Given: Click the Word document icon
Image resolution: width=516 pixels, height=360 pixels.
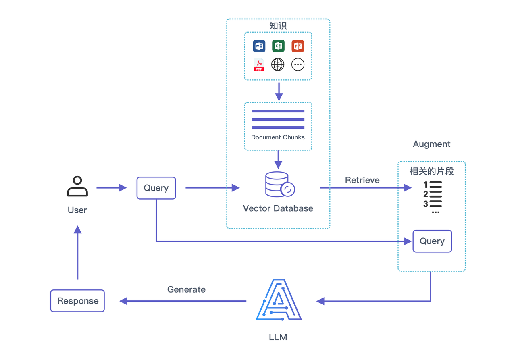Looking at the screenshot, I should coord(259,46).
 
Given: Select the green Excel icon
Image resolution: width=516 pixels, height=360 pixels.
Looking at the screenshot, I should coord(278,46).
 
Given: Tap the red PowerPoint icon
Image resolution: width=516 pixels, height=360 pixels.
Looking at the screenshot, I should coord(298,46).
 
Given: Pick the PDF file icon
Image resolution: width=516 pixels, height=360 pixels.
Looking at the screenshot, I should coord(259,65).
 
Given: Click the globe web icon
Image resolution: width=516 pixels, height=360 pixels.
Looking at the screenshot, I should coord(278,65).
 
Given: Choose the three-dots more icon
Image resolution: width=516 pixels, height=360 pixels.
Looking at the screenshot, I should coord(298,65).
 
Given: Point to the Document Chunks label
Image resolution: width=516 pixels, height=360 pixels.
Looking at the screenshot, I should coord(278,137).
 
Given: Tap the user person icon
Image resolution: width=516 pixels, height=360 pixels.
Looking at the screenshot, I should coord(77,186).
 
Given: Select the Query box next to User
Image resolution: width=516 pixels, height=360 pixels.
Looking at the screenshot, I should coord(156,188).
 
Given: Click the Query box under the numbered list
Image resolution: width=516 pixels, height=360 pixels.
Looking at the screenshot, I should coord(432,241).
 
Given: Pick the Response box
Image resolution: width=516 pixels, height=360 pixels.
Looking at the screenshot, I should coord(77,301).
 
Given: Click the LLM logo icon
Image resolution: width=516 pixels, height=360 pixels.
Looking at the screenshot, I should coord(279,300).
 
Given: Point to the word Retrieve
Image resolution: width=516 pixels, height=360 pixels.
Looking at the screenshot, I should coord(362,180).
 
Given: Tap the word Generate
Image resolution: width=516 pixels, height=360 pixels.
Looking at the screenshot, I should coord(186,289).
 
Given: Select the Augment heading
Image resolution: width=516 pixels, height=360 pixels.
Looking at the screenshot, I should coord(432,144).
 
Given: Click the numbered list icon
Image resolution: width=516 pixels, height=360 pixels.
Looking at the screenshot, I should coord(433,197).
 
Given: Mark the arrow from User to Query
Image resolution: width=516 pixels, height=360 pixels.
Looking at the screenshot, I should coord(111,188).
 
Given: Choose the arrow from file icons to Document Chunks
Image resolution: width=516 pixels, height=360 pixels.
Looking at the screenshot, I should coord(278,91).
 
